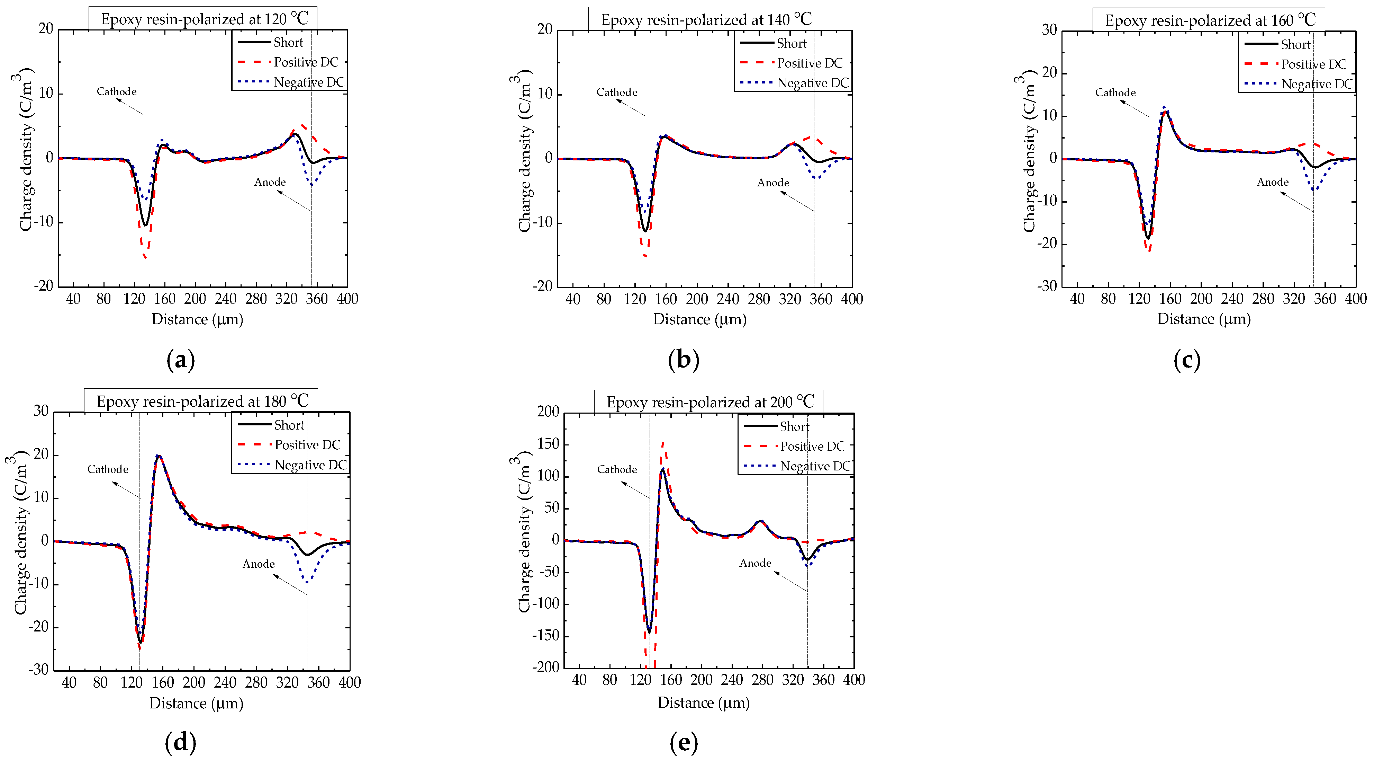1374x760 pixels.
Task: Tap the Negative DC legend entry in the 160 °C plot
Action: click(x=1317, y=84)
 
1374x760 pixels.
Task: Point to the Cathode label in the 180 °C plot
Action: click(x=108, y=469)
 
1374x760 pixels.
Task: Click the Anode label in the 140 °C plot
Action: click(x=773, y=183)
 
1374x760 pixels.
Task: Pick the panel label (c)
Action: click(x=1186, y=360)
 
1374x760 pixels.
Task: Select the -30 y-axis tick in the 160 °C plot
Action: click(x=1047, y=286)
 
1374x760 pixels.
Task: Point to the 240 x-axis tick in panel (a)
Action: click(x=226, y=299)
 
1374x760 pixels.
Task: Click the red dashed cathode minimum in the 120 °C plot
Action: click(x=145, y=257)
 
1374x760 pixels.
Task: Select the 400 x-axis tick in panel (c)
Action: click(x=1355, y=299)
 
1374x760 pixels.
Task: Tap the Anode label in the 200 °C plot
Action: click(x=755, y=563)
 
